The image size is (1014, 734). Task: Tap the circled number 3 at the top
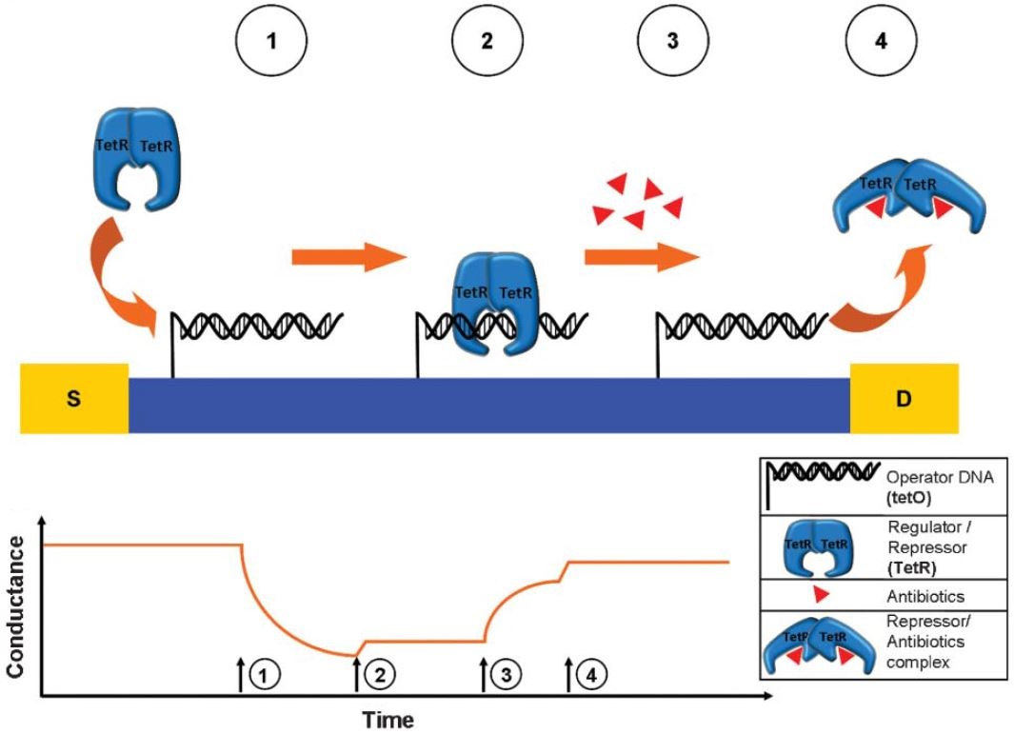671,43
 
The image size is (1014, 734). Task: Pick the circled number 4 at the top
876,43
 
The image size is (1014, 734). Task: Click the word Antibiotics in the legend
923,596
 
